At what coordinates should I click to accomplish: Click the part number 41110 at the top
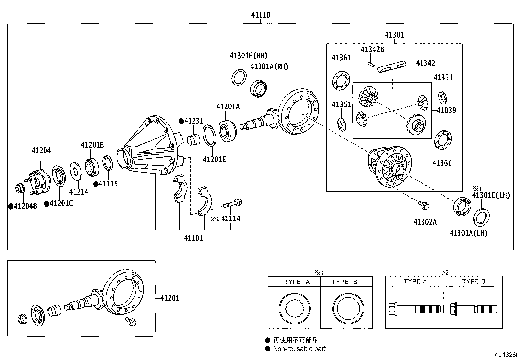pyautogui.click(x=260, y=15)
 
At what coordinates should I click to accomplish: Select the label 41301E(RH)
pyautogui.click(x=249, y=56)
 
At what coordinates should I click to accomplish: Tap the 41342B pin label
pyautogui.click(x=372, y=49)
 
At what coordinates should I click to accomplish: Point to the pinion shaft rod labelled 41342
pyautogui.click(x=392, y=66)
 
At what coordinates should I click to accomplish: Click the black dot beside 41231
pyautogui.click(x=181, y=121)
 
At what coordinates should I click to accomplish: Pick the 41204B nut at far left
pyautogui.click(x=20, y=188)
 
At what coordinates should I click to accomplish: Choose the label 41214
pyautogui.click(x=79, y=192)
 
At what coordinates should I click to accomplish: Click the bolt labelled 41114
pyautogui.click(x=232, y=203)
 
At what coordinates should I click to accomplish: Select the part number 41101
pyautogui.click(x=193, y=238)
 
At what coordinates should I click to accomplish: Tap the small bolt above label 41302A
pyautogui.click(x=424, y=205)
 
